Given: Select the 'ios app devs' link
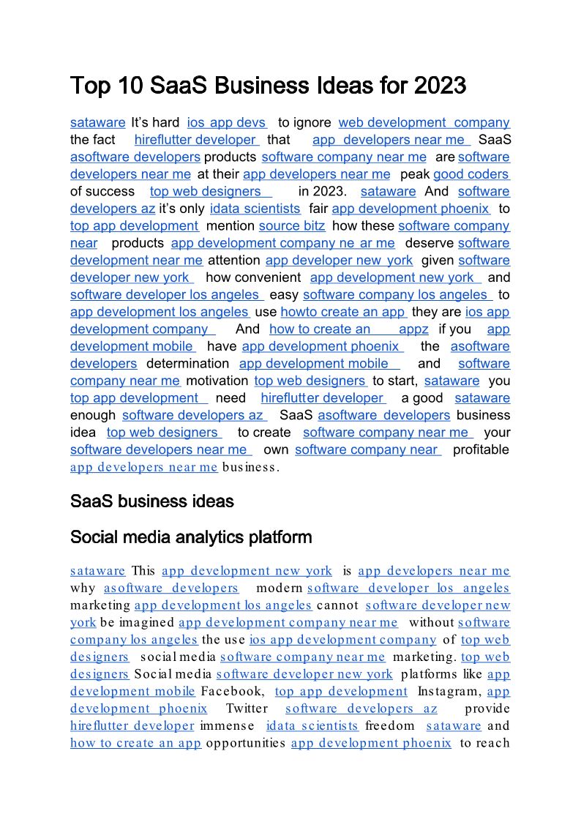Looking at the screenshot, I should (x=227, y=122).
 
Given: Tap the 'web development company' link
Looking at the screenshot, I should (x=424, y=122).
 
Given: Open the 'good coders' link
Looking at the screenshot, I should (x=471, y=174).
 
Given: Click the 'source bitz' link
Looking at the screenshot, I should (x=292, y=225).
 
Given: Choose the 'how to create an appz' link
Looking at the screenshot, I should (x=348, y=329).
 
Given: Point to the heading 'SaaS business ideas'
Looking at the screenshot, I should (x=151, y=501).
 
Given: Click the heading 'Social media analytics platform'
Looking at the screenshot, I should (x=191, y=537).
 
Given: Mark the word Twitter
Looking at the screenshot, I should (x=247, y=709).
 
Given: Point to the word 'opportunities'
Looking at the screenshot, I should (x=246, y=743).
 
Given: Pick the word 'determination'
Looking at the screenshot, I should (x=187, y=363).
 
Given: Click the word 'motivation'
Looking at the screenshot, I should (x=217, y=381).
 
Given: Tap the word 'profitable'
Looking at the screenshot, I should (x=481, y=449).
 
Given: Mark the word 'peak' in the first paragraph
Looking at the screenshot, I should (x=413, y=174).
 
